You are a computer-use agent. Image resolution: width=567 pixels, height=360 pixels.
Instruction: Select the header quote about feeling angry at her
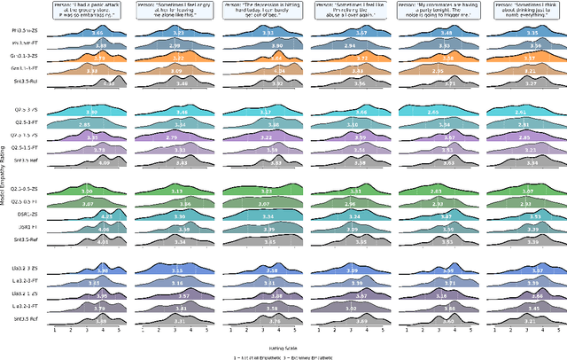point(179,10)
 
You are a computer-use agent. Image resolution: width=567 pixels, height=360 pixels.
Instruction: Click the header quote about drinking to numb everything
point(528,10)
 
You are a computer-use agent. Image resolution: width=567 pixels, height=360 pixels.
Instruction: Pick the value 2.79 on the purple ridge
point(177,137)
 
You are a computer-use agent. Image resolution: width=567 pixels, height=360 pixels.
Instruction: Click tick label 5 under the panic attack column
point(118,328)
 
